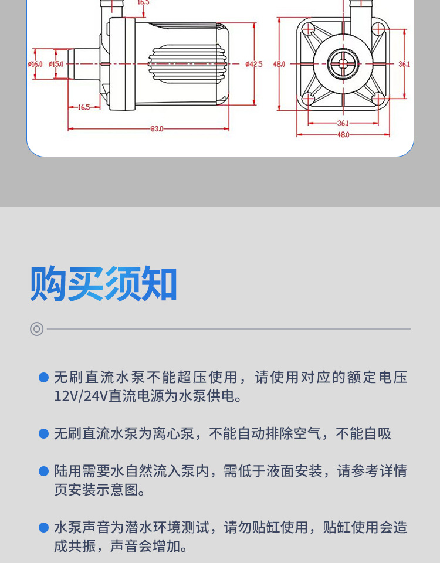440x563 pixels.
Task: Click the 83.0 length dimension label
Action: [156, 128]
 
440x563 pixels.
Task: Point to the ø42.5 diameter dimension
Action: [254, 63]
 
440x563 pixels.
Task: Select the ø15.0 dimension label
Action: [56, 63]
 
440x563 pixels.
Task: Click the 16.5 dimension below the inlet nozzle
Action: [83, 107]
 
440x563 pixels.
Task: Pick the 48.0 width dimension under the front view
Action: [343, 134]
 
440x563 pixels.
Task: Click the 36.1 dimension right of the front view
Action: [404, 63]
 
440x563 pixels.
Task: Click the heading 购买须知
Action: [104, 284]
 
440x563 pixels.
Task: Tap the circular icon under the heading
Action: [37, 329]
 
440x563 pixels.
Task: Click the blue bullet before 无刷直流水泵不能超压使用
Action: [43, 377]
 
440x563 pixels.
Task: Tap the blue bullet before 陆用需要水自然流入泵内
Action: [43, 471]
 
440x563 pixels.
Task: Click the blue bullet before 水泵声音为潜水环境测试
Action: [43, 527]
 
